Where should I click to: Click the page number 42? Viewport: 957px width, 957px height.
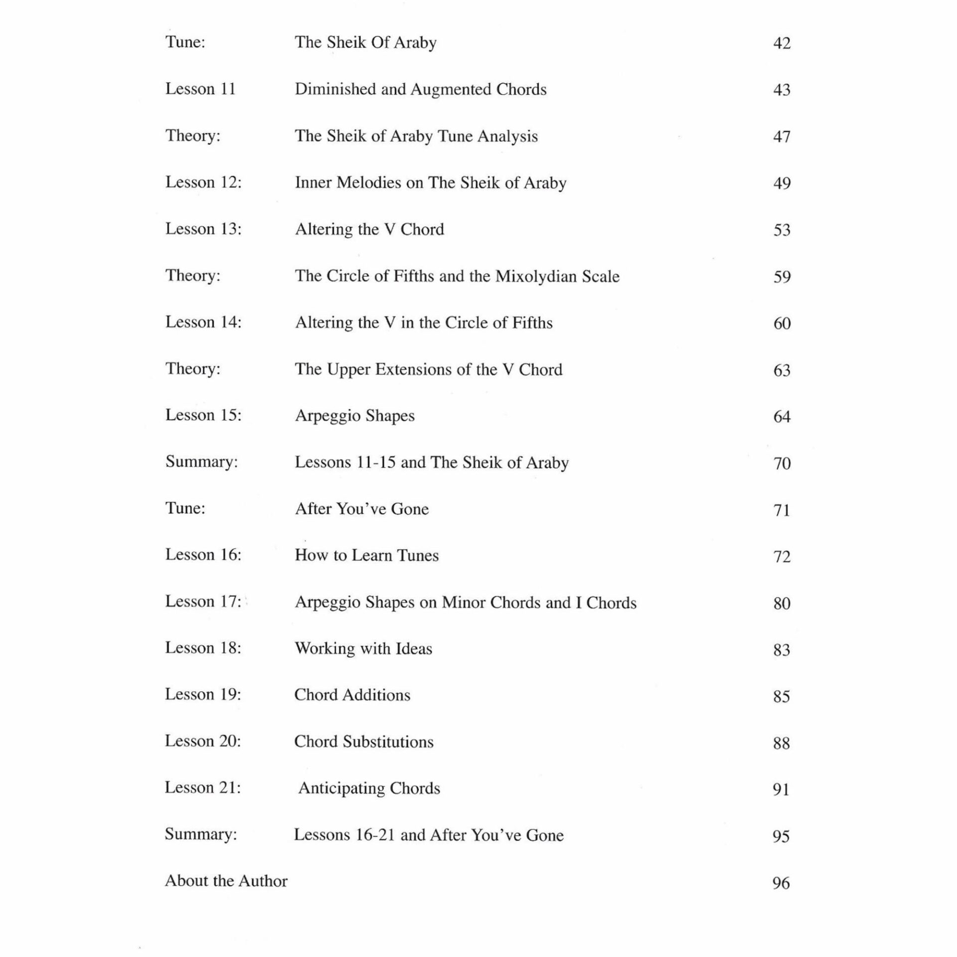782,43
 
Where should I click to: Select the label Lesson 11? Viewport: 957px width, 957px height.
200,89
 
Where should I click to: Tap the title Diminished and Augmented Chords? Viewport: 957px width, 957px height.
421,90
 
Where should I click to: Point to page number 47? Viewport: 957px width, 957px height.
782,137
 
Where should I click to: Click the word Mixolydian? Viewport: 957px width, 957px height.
533,277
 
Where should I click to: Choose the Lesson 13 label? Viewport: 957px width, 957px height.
203,229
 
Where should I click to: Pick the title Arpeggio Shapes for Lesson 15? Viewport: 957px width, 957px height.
355,416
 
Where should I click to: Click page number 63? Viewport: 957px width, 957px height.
782,370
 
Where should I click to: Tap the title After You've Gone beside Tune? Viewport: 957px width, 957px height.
362,509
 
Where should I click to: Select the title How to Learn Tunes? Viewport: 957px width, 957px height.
367,556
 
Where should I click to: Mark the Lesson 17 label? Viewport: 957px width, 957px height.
203,602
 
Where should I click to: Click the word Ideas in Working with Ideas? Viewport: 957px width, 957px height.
414,649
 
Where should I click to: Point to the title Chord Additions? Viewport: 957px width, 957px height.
352,695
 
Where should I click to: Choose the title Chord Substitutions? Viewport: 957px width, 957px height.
364,742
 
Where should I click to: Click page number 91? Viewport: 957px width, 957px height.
781,790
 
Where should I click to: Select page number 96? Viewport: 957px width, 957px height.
781,883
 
